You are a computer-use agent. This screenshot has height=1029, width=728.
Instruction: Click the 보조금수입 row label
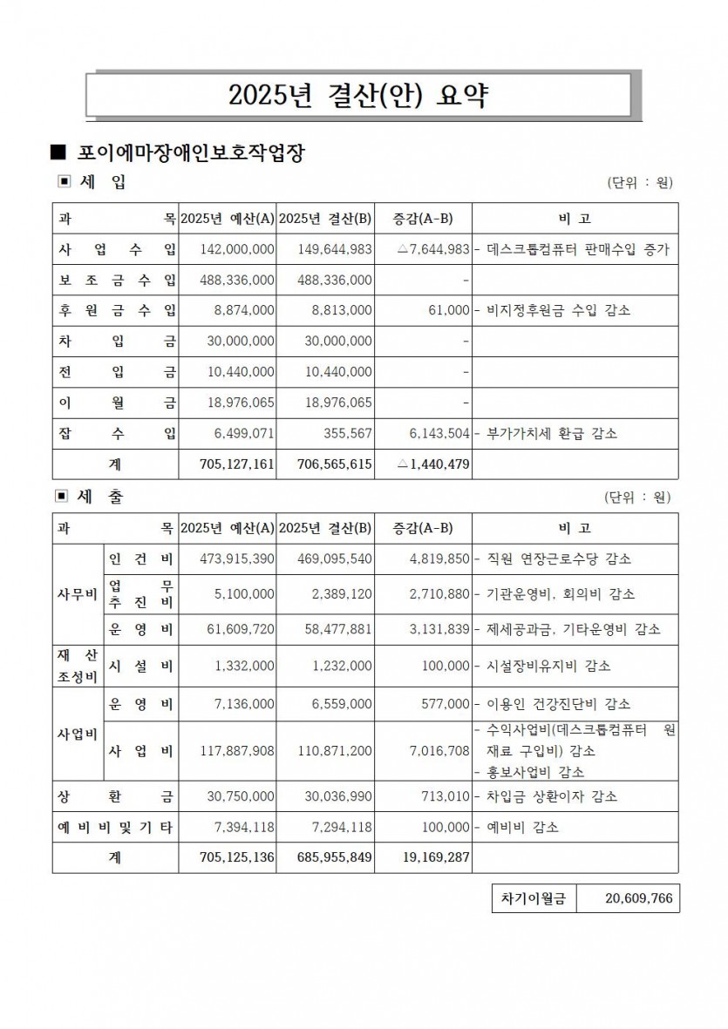click(x=116, y=280)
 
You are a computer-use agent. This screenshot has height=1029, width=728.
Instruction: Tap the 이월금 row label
click(x=116, y=403)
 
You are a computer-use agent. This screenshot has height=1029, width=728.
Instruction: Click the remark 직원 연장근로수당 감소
click(x=561, y=559)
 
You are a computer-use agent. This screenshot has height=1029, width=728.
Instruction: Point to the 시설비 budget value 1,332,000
click(x=245, y=666)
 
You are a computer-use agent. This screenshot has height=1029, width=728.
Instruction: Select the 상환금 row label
click(x=116, y=796)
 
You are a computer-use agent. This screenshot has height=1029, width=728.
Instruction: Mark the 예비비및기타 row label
click(x=116, y=827)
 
